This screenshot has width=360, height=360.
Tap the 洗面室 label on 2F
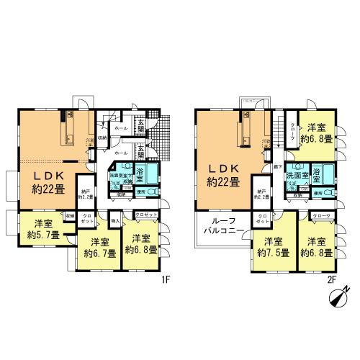[x=297, y=175]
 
